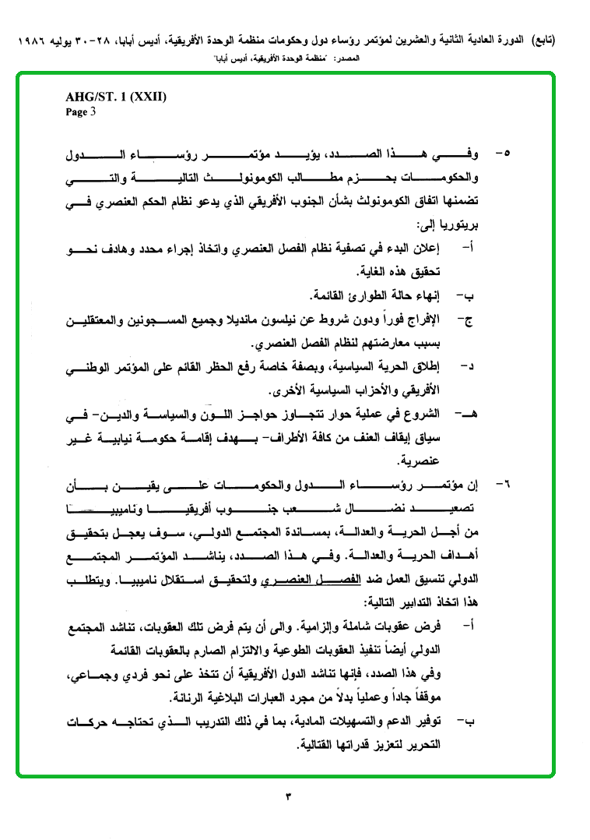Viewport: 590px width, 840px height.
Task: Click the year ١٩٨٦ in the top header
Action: coord(32,39)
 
